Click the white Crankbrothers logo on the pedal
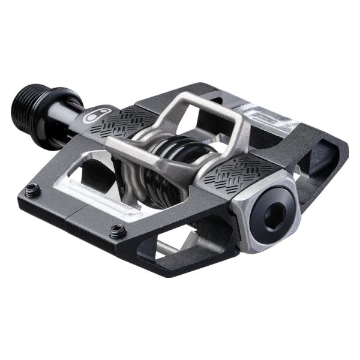(x=94, y=116)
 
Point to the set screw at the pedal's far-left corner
(x=34, y=191)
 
